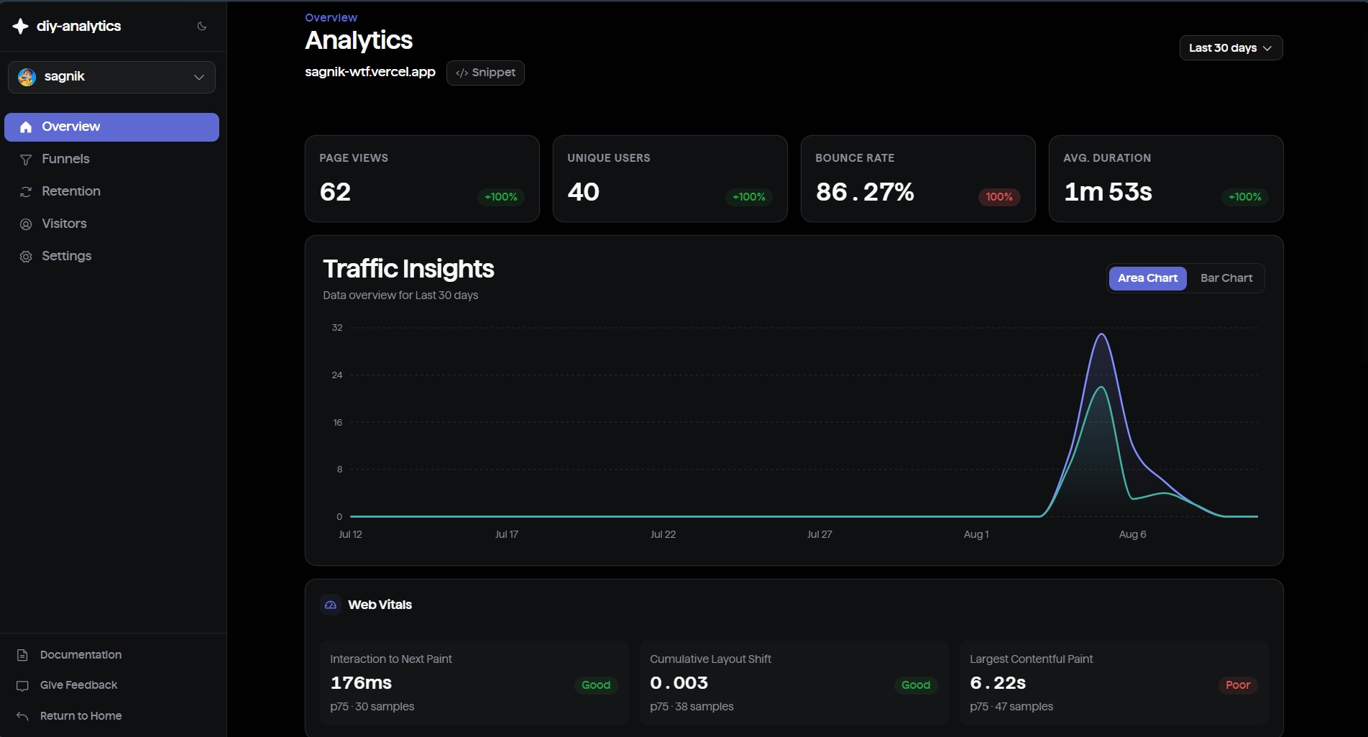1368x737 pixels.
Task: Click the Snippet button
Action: [x=485, y=73]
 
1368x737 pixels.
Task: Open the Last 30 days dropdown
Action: [x=1231, y=48]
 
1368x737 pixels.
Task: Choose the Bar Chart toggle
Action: [x=1226, y=278]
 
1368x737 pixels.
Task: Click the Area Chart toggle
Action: [x=1147, y=278]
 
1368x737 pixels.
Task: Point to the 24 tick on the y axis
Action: [x=337, y=375]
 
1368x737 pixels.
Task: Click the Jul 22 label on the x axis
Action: [x=663, y=534]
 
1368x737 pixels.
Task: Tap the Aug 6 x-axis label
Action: [x=1132, y=534]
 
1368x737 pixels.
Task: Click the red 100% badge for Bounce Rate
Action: [x=999, y=197]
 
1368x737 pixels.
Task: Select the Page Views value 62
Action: [x=335, y=192]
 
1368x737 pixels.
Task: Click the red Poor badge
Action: [x=1237, y=685]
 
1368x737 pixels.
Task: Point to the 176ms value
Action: [x=361, y=683]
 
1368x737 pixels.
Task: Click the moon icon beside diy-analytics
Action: [x=202, y=27]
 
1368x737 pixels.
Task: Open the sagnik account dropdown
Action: [x=111, y=77]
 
